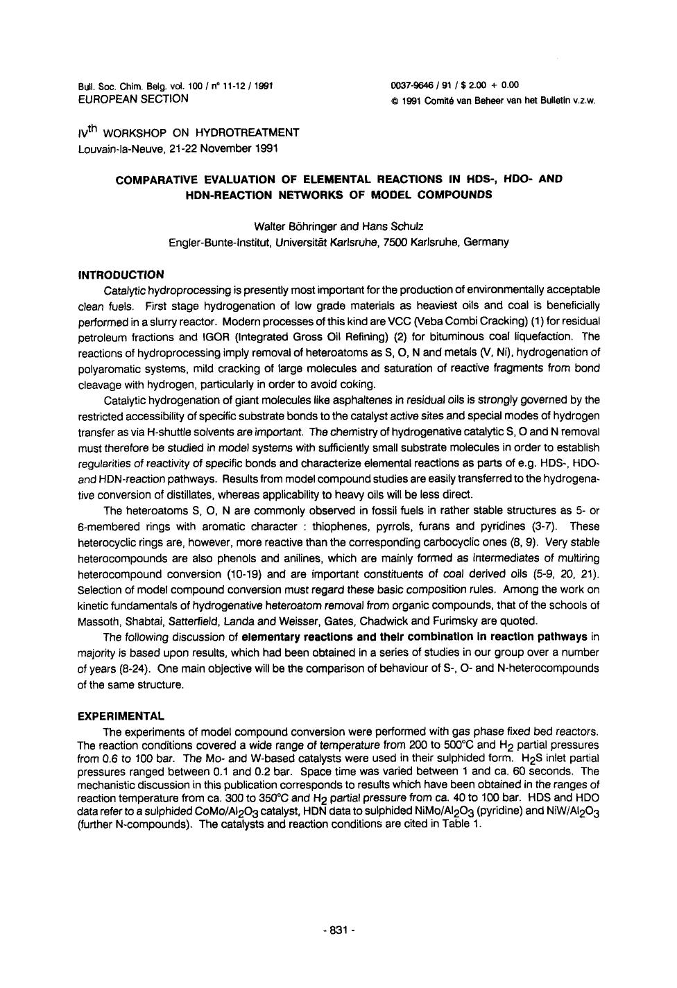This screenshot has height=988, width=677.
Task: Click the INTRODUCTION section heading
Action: point(121,275)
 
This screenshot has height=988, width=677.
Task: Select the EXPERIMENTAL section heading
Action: point(121,716)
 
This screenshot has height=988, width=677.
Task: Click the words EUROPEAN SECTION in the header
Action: point(133,98)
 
